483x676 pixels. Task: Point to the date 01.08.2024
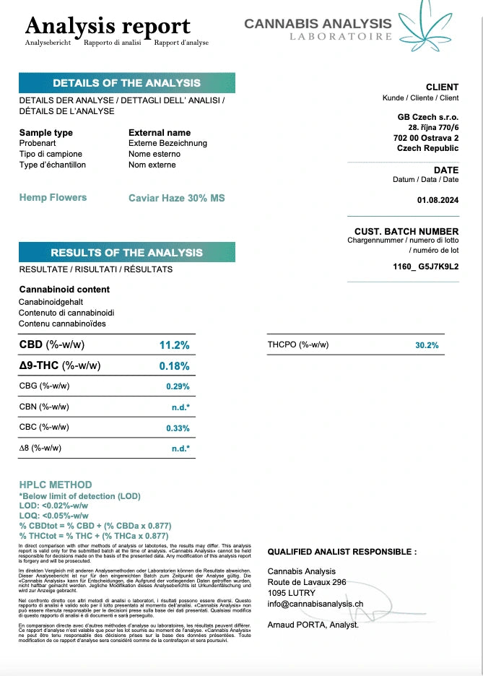tap(438, 200)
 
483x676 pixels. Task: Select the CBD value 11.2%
tap(174, 345)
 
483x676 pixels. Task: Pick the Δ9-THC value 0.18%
tap(174, 366)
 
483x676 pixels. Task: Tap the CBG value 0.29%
tap(178, 386)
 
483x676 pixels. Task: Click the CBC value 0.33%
tap(178, 428)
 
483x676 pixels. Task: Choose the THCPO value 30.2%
tap(427, 345)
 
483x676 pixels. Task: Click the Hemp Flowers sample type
tap(53, 197)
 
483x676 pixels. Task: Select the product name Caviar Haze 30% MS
tap(176, 198)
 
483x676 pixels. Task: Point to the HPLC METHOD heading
tap(56, 485)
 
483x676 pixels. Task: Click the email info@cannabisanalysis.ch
tap(315, 603)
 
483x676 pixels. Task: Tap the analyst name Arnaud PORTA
tap(312, 625)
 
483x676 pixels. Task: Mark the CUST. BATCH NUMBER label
tap(406, 231)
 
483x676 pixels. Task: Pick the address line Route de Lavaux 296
tap(307, 581)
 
